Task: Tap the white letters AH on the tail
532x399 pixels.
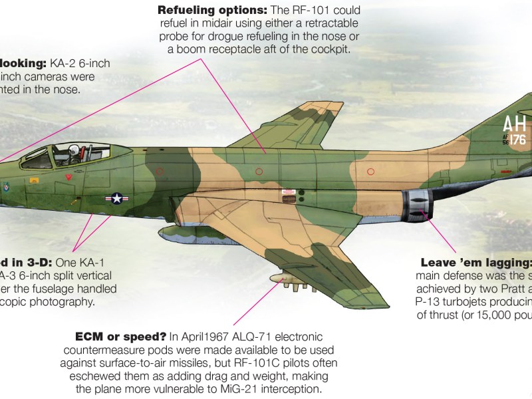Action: (x=515, y=124)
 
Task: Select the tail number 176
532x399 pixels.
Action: (x=518, y=140)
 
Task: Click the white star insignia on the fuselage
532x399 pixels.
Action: (x=117, y=198)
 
